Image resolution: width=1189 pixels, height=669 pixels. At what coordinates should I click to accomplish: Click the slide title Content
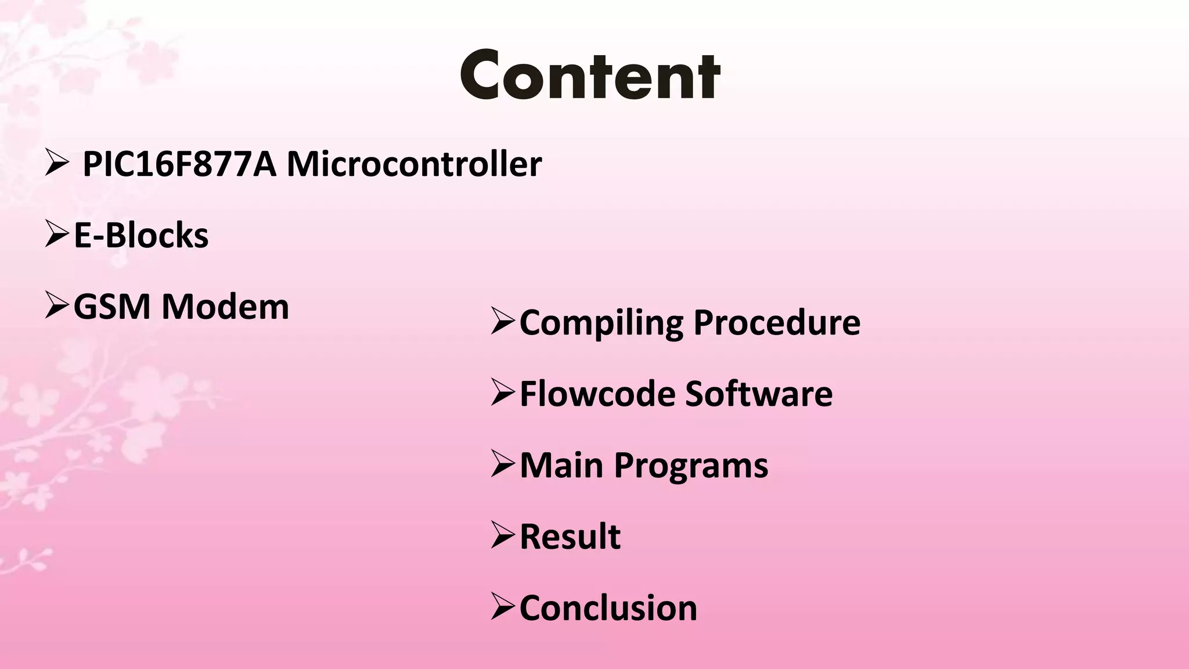[590, 75]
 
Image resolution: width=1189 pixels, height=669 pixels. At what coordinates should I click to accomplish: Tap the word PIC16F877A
[179, 164]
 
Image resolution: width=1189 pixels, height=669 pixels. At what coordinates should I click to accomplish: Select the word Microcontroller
[414, 164]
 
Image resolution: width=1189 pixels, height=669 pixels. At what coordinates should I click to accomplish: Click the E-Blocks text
[141, 236]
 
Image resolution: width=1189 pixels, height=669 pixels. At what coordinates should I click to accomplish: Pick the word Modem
[225, 307]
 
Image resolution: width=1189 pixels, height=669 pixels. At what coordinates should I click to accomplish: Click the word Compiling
[601, 323]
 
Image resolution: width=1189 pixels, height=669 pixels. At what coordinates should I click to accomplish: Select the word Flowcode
[597, 394]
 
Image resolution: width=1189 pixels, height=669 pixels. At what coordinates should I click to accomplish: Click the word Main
[561, 466]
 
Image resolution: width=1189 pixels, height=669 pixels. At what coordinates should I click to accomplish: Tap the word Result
[570, 537]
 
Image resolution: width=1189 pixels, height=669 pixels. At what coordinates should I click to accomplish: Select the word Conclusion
[608, 608]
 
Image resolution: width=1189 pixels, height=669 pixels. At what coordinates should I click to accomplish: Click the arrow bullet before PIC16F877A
[57, 163]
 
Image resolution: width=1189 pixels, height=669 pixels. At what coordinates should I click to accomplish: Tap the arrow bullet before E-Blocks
[57, 235]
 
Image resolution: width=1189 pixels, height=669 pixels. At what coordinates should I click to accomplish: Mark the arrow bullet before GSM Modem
[57, 306]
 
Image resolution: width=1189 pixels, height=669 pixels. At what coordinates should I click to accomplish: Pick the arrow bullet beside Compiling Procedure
[503, 322]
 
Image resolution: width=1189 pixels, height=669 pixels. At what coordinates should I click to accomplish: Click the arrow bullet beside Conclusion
[503, 607]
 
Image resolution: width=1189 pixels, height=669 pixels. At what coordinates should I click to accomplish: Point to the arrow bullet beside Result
[503, 535]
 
